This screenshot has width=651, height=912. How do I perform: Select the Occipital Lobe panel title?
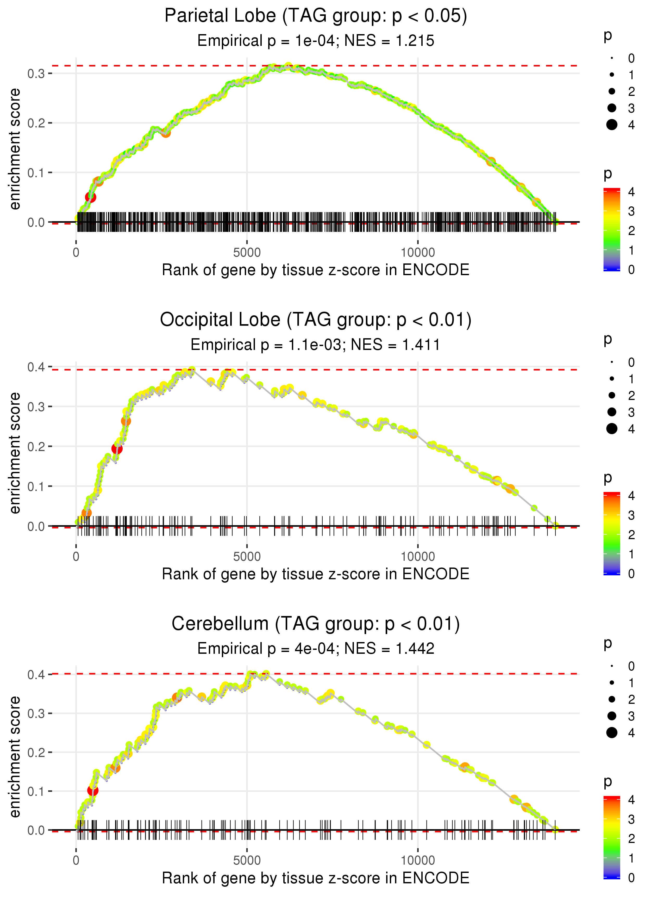click(316, 320)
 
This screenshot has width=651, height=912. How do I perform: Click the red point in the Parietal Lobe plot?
click(91, 197)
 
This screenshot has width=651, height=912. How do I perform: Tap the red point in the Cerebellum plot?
click(93, 791)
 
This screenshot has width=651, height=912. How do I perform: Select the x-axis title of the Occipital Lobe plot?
click(316, 574)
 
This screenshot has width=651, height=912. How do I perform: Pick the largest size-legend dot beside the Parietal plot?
click(612, 125)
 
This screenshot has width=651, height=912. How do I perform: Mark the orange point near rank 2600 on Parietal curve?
click(166, 133)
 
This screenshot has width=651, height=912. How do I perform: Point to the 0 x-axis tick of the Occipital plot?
click(76, 557)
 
